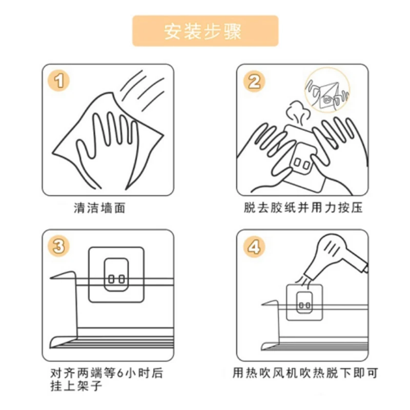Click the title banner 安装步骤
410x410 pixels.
coord(206,31)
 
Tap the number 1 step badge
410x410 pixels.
coord(59,80)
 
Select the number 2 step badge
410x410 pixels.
coord(254,81)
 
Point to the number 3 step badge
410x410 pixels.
coord(59,246)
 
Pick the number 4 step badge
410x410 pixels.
coord(254,247)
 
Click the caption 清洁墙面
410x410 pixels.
coord(99,208)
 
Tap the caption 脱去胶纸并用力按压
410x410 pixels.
coord(303,208)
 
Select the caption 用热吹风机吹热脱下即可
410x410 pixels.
coord(305,373)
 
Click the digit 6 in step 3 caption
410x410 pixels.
coord(120,373)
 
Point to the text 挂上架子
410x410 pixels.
coord(76,386)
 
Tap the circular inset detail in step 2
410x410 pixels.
coord(327,90)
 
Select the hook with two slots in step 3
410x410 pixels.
coord(116,275)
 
